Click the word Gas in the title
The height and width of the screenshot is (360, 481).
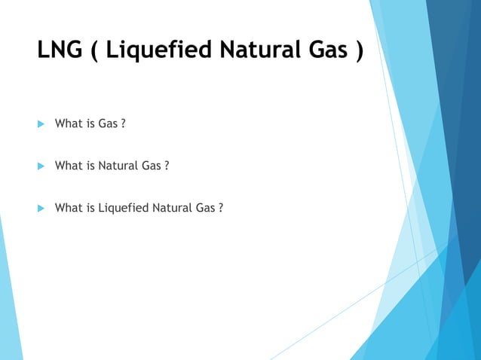pyautogui.click(x=321, y=51)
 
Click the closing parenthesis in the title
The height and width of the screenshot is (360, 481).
pyautogui.click(x=355, y=53)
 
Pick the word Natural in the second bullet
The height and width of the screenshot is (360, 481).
pyautogui.click(x=118, y=165)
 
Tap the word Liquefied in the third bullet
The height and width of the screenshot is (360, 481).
pyautogui.click(x=121, y=207)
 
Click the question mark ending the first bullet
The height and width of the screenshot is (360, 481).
pyautogui.click(x=122, y=123)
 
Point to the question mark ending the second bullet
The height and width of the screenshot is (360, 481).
pyautogui.click(x=165, y=165)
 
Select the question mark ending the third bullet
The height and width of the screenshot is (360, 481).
pyautogui.click(x=220, y=207)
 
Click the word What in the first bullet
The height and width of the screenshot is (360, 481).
pyautogui.click(x=68, y=123)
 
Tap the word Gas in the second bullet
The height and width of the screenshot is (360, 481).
pyautogui.click(x=151, y=165)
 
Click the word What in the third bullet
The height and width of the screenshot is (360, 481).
pyautogui.click(x=68, y=207)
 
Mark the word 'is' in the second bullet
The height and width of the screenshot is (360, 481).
pyautogui.click(x=90, y=165)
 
